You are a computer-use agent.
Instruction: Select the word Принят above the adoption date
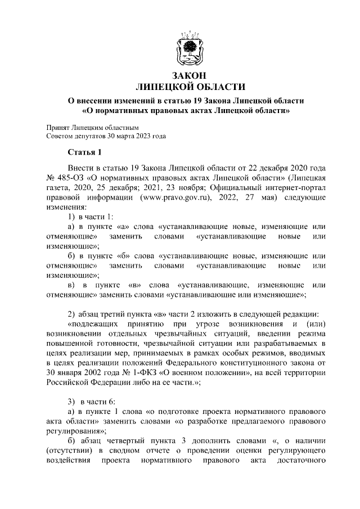58,127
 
